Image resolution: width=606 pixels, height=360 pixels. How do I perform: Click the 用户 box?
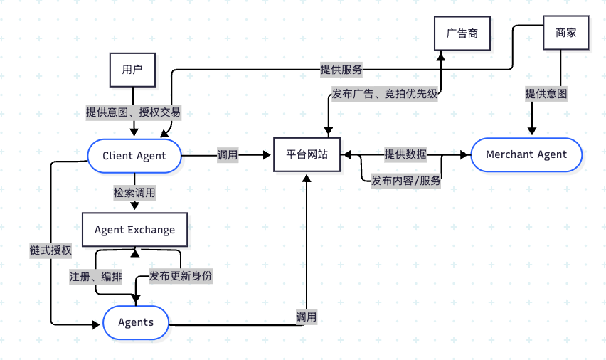click(132, 69)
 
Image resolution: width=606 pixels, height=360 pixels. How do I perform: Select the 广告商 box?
click(462, 33)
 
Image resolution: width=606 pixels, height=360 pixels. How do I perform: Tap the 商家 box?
click(565, 33)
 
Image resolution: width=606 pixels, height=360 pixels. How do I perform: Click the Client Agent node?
click(134, 156)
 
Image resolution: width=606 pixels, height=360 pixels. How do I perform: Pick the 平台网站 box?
click(307, 154)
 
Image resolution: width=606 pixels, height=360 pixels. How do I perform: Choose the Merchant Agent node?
click(526, 154)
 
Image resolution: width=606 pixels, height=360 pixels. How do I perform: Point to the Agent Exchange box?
click(134, 230)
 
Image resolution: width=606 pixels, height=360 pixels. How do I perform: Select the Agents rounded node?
click(135, 322)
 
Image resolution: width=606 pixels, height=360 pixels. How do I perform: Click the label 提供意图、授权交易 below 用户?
click(133, 112)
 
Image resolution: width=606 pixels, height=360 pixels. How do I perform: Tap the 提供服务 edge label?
click(341, 70)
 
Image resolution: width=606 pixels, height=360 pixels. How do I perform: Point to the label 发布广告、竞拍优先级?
click(384, 94)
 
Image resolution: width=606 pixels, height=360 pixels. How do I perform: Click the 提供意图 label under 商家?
click(546, 94)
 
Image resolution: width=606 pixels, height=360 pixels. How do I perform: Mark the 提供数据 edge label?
click(405, 154)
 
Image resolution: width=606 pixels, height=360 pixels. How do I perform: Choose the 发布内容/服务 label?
click(405, 181)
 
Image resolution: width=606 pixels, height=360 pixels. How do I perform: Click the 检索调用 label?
click(134, 193)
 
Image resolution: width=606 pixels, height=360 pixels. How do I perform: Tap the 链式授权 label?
click(51, 250)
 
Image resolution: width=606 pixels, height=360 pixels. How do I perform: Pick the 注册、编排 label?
click(90, 276)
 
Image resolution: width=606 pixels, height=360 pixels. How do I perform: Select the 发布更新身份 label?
click(181, 276)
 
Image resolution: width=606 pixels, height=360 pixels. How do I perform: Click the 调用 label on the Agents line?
click(307, 317)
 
